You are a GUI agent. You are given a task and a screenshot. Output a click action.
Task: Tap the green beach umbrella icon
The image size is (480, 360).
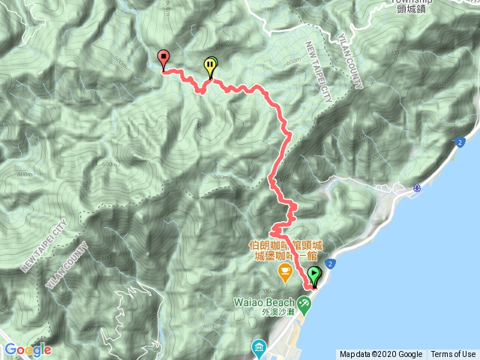(304, 304)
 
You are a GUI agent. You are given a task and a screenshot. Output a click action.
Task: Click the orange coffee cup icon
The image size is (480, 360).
(284, 272)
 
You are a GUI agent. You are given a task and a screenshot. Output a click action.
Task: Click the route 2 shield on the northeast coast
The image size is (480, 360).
(458, 142)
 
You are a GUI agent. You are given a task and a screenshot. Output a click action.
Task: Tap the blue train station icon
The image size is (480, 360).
(417, 190)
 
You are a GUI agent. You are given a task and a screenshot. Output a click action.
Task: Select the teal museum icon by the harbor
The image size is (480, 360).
(259, 347)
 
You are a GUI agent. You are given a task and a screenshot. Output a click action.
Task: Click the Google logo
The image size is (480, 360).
(27, 349)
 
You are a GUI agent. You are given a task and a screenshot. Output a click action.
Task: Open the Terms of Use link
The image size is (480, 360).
(453, 355)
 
